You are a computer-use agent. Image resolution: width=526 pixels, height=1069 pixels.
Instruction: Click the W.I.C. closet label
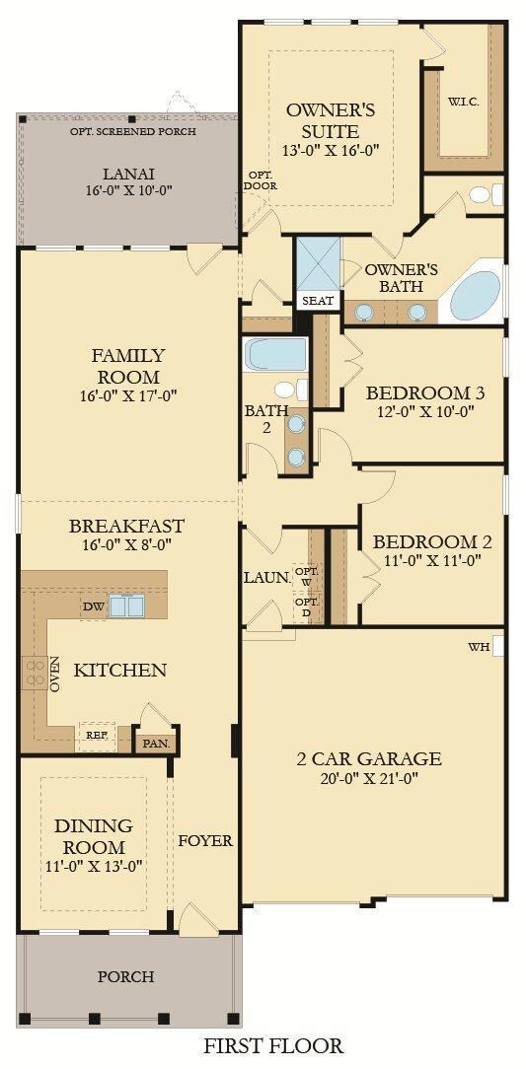(463, 103)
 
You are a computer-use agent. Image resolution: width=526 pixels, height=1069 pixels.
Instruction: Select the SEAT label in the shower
(317, 300)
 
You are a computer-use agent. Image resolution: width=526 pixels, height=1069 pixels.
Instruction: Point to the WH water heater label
(479, 647)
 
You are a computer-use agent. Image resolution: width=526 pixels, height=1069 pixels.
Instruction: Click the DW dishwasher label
(94, 606)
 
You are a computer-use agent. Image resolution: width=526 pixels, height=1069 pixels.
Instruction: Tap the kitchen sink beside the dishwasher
(127, 606)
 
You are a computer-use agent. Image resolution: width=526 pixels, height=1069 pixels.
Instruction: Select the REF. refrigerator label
(97, 735)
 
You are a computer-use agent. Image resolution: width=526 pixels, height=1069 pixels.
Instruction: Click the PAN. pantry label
(156, 743)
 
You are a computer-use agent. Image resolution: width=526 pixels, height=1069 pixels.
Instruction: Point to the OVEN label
(55, 674)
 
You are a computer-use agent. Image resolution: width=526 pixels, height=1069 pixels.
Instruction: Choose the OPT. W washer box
(307, 576)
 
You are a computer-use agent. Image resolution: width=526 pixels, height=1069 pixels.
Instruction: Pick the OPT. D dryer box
(307, 607)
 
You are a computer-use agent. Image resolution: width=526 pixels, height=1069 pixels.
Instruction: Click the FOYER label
(204, 841)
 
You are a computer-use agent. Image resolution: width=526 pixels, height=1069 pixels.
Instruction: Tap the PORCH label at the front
(125, 976)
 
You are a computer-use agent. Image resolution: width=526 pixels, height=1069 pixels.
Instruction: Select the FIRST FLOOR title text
(273, 1045)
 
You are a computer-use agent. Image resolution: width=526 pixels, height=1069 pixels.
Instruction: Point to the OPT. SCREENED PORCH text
(132, 131)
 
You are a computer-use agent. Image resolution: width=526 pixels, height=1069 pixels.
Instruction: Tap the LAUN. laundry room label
(266, 577)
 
